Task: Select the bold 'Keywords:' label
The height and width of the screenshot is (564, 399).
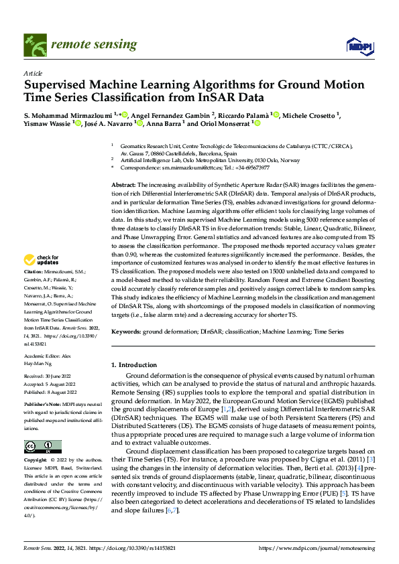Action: [126, 331]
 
